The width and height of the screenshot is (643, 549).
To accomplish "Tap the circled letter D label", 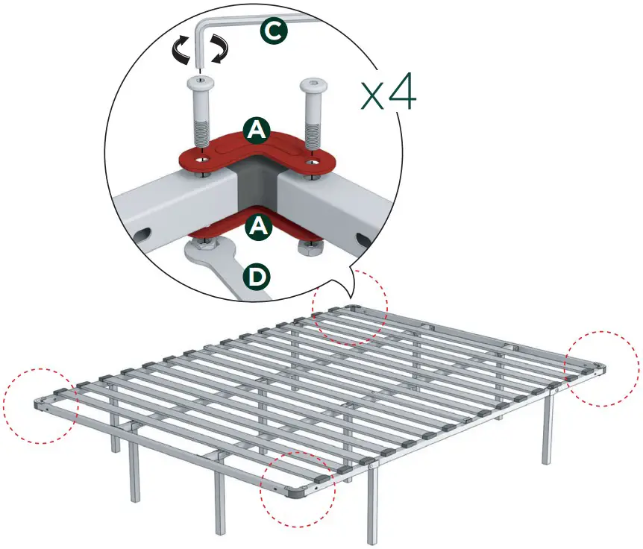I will pyautogui.click(x=257, y=277).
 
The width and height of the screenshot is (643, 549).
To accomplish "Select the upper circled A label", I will pyautogui.click(x=257, y=131).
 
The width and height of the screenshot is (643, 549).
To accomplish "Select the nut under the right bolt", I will pyautogui.click(x=308, y=246).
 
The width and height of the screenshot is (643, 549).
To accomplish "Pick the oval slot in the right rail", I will pyautogui.click(x=363, y=239).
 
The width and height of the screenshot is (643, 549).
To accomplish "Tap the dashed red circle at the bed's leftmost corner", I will pyautogui.click(x=40, y=406).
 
